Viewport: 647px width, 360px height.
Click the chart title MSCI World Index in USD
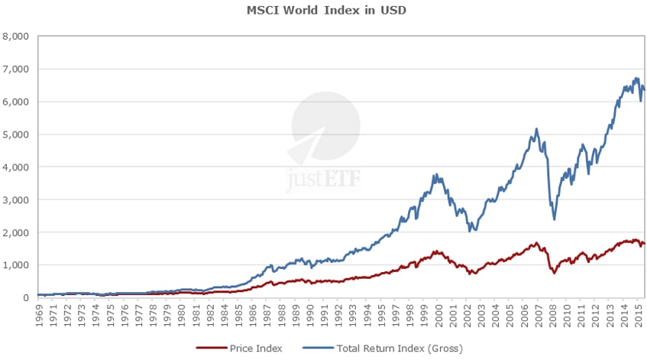[323, 11]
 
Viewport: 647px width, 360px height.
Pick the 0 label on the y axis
[24, 297]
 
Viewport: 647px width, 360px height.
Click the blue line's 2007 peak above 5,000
[536, 128]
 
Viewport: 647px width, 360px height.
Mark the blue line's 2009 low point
[554, 219]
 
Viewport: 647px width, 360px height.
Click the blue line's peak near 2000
[435, 174]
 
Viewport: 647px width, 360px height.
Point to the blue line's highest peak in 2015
[636, 77]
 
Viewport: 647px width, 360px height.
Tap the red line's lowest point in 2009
[554, 273]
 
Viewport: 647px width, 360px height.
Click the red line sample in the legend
[210, 349]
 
